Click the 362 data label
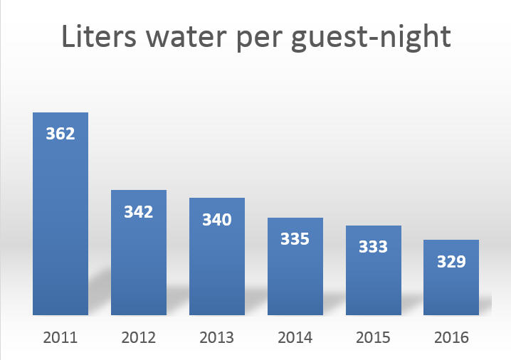(x=60, y=134)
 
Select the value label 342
(x=139, y=211)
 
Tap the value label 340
(x=217, y=219)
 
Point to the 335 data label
(x=295, y=239)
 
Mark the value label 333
(x=374, y=247)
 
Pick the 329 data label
(x=451, y=261)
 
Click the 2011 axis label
(x=60, y=337)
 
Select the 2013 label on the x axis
(x=217, y=337)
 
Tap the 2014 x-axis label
(x=295, y=337)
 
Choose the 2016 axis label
(x=451, y=337)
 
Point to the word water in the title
(x=184, y=37)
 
